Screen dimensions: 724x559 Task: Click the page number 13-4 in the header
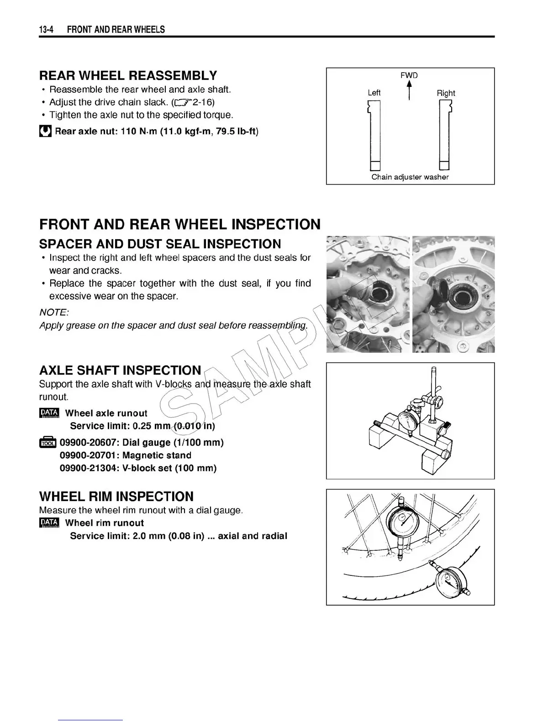click(x=47, y=30)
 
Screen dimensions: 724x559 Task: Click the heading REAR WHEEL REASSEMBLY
click(x=128, y=75)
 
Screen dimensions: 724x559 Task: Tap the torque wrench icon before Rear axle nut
click(x=45, y=132)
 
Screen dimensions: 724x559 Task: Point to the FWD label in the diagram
click(x=409, y=75)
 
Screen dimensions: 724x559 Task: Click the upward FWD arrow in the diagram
click(x=410, y=90)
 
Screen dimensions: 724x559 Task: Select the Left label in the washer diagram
click(x=374, y=93)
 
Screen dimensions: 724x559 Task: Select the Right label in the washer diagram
click(x=446, y=93)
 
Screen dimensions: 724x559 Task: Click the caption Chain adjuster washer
click(x=410, y=177)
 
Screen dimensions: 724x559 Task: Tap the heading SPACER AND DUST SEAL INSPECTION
click(x=160, y=244)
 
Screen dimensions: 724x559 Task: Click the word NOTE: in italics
click(x=54, y=312)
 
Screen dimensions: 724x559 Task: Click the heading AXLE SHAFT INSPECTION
click(x=120, y=370)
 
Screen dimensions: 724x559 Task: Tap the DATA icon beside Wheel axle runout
click(x=49, y=413)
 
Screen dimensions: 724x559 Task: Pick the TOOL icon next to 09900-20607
click(x=47, y=442)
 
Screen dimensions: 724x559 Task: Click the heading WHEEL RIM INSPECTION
click(x=116, y=496)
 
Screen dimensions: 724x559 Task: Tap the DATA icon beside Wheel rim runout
click(x=49, y=523)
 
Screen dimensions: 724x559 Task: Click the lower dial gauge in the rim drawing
click(x=450, y=581)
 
